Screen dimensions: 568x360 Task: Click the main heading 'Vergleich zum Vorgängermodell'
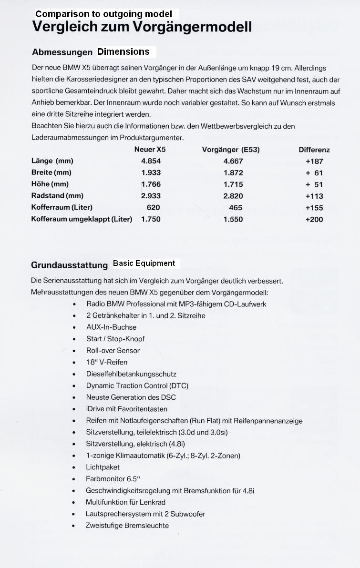[142, 27]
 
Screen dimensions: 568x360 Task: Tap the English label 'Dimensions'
[123, 51]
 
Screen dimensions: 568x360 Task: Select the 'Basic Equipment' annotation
[144, 263]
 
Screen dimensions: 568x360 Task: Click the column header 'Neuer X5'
[150, 150]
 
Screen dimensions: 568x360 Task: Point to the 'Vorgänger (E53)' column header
[231, 150]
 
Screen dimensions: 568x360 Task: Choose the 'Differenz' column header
[314, 150]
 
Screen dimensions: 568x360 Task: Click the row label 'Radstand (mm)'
[57, 195]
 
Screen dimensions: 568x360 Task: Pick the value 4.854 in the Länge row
[151, 161]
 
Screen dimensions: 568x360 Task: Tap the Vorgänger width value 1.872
[233, 172]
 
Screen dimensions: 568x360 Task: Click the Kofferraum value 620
[154, 207]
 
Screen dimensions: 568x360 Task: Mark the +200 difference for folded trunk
[314, 219]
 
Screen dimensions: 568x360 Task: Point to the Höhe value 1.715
[233, 184]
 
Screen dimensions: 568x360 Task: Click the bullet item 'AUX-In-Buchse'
[111, 327]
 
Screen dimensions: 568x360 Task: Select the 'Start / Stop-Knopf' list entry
[115, 339]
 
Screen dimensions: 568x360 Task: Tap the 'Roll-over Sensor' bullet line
[113, 350]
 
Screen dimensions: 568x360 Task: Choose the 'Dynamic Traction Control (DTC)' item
[134, 385]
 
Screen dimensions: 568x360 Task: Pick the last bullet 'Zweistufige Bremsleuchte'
[127, 525]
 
